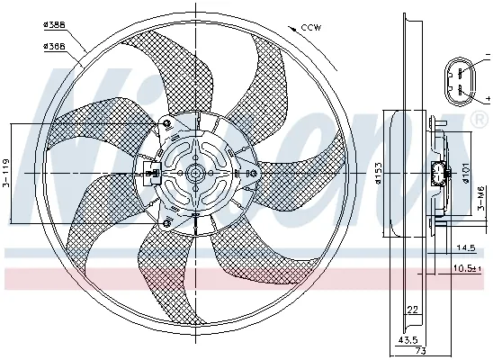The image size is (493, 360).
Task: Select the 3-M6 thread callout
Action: coord(482,194)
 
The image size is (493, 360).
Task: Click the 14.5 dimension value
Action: coord(465,247)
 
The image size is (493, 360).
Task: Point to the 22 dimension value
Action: coord(412,310)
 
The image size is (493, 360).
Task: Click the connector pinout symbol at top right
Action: coord(462,78)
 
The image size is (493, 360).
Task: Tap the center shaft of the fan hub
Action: coord(193,173)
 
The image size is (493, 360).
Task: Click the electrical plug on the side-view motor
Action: coord(441,175)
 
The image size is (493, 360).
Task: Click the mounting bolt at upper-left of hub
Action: coord(166,123)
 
